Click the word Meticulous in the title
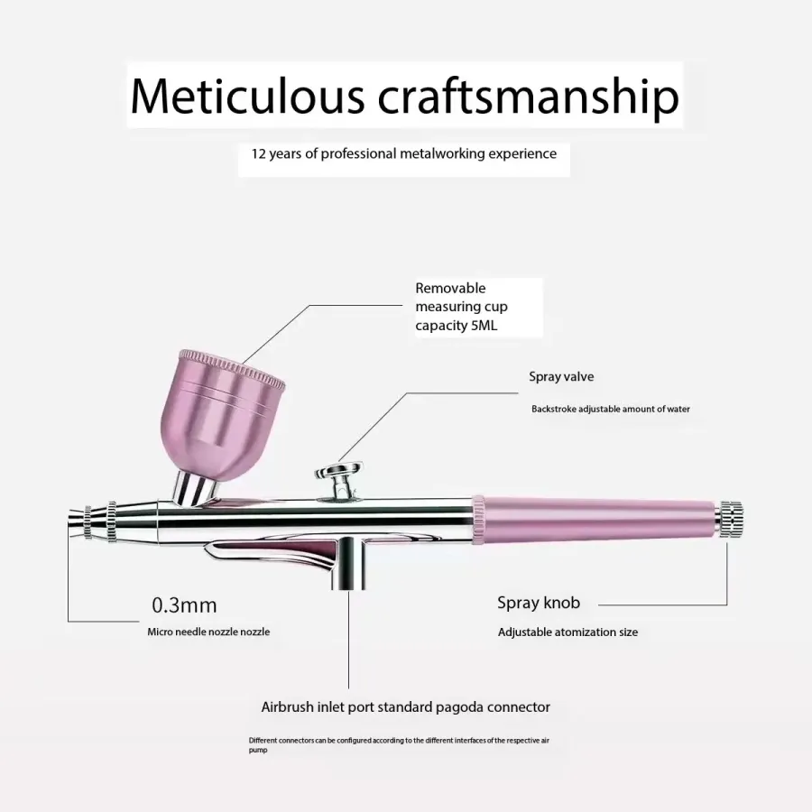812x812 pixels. click(247, 96)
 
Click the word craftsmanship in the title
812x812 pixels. click(528, 98)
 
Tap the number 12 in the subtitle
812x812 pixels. click(258, 153)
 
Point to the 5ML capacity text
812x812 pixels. click(484, 325)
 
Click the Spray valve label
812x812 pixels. click(561, 376)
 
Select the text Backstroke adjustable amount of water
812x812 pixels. click(611, 409)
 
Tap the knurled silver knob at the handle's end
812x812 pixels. click(729, 518)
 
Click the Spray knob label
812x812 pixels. click(539, 603)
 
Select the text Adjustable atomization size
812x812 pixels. click(567, 632)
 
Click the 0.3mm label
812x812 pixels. click(184, 604)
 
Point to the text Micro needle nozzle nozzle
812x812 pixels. click(208, 632)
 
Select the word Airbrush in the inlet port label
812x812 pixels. click(288, 706)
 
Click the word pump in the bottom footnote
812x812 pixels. click(258, 751)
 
